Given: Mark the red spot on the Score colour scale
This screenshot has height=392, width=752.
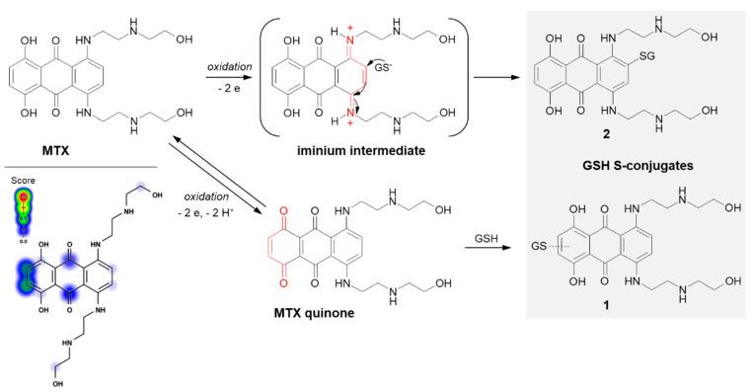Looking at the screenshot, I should [x=24, y=198].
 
